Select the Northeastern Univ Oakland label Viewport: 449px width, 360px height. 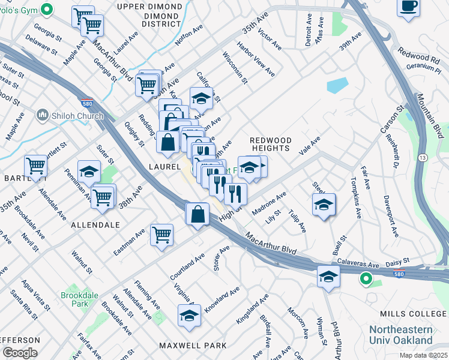click(x=408, y=335)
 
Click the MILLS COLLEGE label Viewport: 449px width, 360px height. click(x=414, y=314)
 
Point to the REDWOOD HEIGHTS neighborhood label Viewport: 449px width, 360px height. click(x=271, y=144)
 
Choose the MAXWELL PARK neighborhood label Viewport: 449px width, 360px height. click(x=193, y=346)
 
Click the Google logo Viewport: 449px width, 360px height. click(x=20, y=353)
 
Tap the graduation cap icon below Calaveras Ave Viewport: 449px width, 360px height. click(x=328, y=277)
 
